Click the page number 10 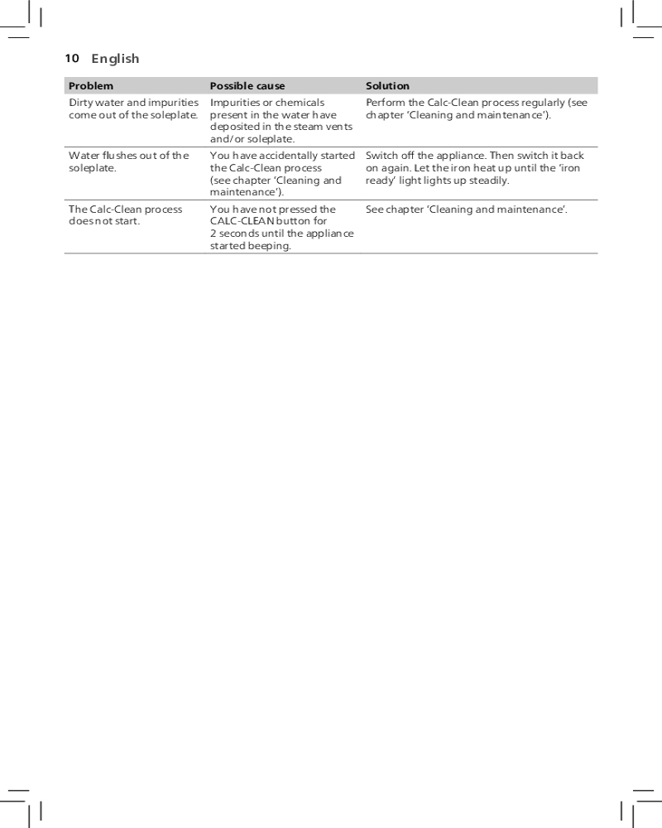pyautogui.click(x=72, y=59)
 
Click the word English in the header pyautogui.click(x=115, y=59)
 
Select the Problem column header pyautogui.click(x=91, y=86)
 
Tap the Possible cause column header pyautogui.click(x=247, y=86)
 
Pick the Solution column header pyautogui.click(x=387, y=86)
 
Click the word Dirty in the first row pyautogui.click(x=82, y=103)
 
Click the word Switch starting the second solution pyautogui.click(x=381, y=156)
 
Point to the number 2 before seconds pyautogui.click(x=213, y=234)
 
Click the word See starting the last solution pyautogui.click(x=374, y=209)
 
